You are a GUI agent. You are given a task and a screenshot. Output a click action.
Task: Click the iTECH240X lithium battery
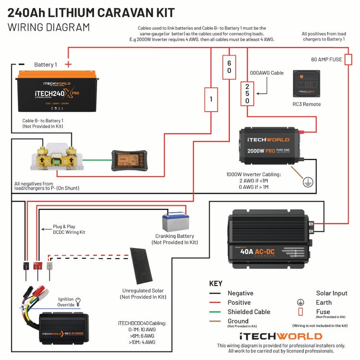click(56, 92)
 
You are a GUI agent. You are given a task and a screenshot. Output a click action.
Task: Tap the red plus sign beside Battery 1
click(68, 64)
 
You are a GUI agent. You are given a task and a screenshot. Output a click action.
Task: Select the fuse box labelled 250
click(247, 94)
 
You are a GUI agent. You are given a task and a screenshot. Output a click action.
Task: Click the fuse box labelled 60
click(229, 67)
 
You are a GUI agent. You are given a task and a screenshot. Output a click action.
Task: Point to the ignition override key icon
click(78, 301)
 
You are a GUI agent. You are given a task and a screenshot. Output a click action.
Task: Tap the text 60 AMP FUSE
click(327, 60)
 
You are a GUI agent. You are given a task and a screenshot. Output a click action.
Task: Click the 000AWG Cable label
click(267, 73)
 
